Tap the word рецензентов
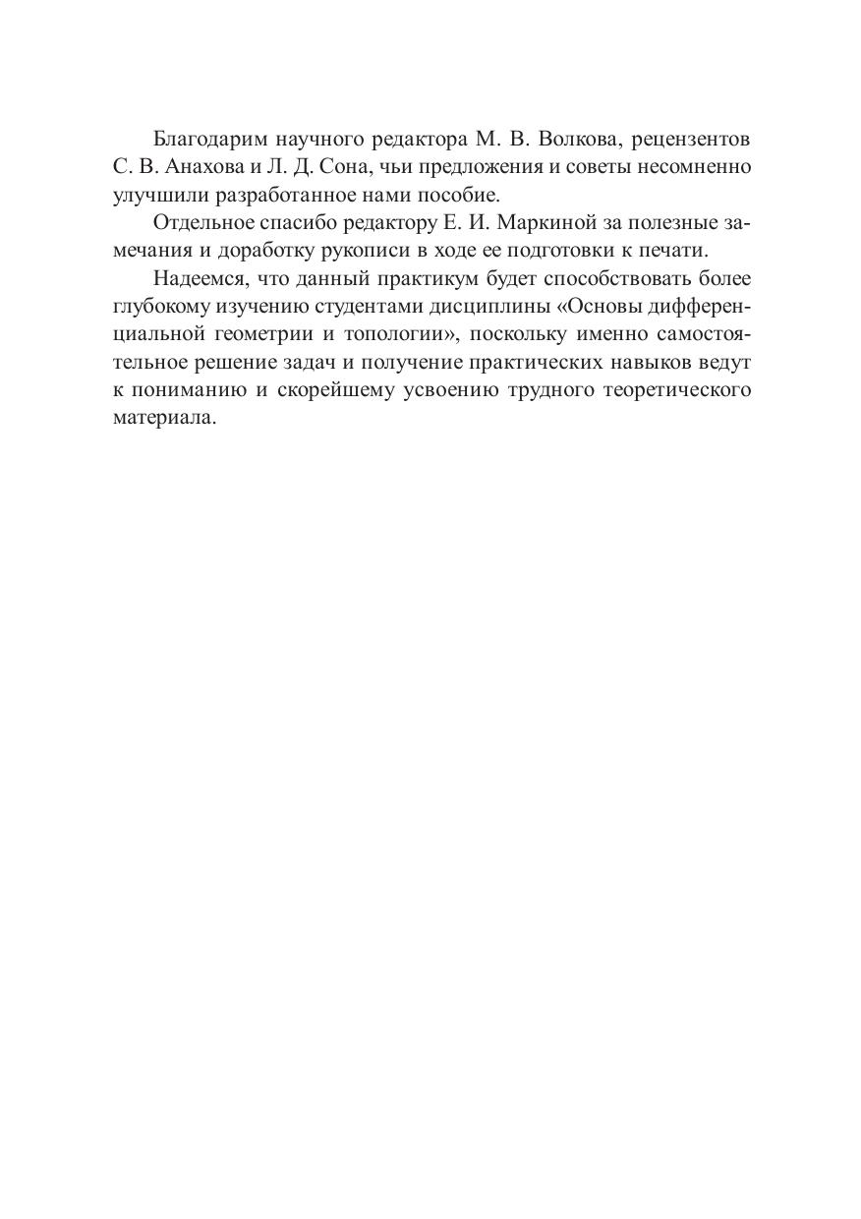click(x=690, y=140)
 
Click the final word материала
click(x=161, y=418)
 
